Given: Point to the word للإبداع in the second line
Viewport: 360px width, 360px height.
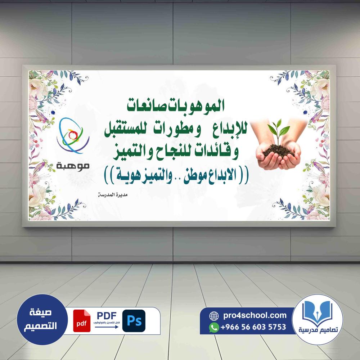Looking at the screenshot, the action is pyautogui.click(x=230, y=131).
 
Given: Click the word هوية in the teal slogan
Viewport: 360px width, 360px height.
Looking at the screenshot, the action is pyautogui.click(x=125, y=176).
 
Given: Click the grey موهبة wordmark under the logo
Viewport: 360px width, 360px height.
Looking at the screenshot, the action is pyautogui.click(x=73, y=166).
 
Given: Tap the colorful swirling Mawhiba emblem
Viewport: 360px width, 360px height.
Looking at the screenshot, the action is pyautogui.click(x=73, y=135).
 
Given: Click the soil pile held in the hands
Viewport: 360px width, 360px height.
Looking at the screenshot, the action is pyautogui.click(x=278, y=151).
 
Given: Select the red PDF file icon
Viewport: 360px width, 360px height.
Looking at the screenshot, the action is pyautogui.click(x=82, y=321).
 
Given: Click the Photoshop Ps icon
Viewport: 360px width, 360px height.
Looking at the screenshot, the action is pyautogui.click(x=134, y=321).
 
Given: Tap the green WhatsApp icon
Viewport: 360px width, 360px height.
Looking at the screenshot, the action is pyautogui.click(x=214, y=327).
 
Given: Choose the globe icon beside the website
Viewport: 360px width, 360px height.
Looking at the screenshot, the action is pyautogui.click(x=214, y=316).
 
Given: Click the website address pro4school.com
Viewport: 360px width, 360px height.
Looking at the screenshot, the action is pyautogui.click(x=255, y=315).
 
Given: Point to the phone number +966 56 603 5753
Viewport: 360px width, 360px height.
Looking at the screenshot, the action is pyautogui.click(x=253, y=327).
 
